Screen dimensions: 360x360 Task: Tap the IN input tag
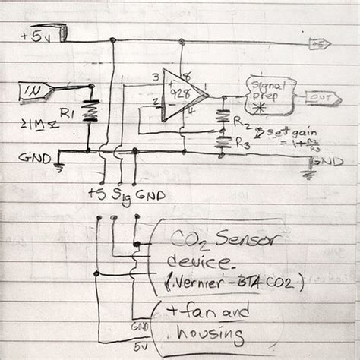click(x=35, y=92)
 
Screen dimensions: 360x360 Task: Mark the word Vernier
click(x=197, y=283)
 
